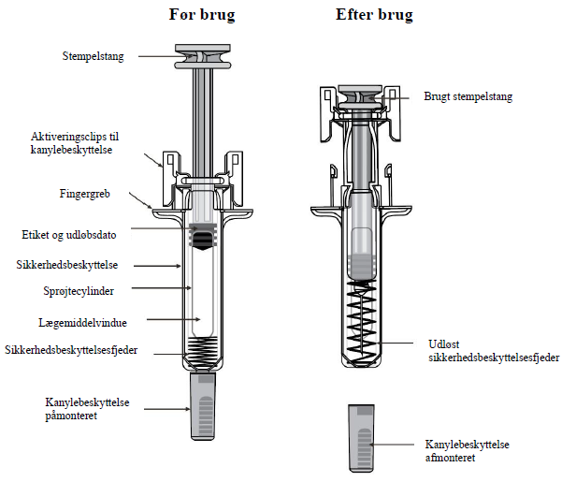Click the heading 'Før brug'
coord(201,15)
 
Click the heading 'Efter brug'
coord(374,15)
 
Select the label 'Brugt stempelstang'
coord(468,96)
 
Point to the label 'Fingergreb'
coord(88,195)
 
